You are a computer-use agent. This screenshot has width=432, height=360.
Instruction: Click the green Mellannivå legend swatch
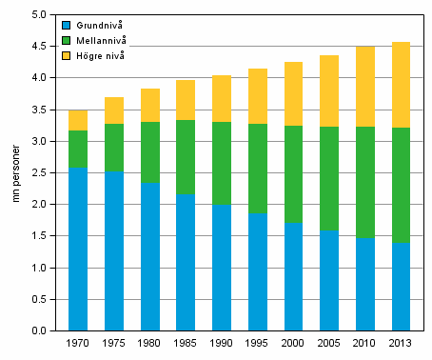click(x=65, y=40)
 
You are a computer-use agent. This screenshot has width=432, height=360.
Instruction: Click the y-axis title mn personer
click(x=14, y=173)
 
